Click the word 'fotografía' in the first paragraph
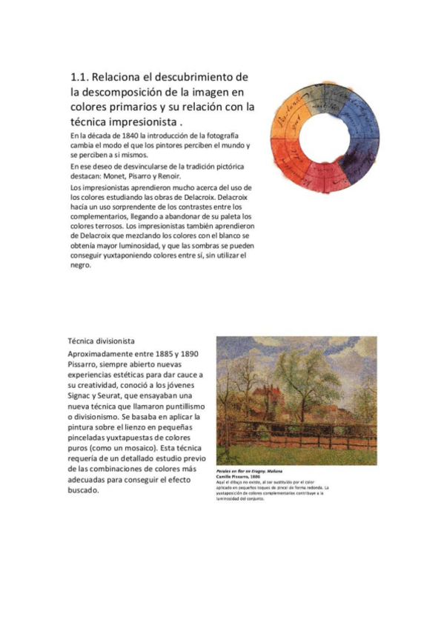coord(220,137)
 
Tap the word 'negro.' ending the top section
coord(81,265)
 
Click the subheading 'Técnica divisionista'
coord(101,341)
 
